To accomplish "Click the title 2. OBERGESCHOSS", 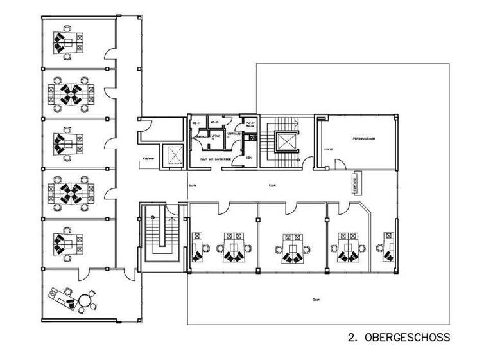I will click(x=399, y=337).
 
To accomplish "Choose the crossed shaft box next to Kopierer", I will click(x=173, y=154).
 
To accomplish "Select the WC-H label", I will click(x=196, y=122).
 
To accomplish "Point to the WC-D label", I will click(x=215, y=122).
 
